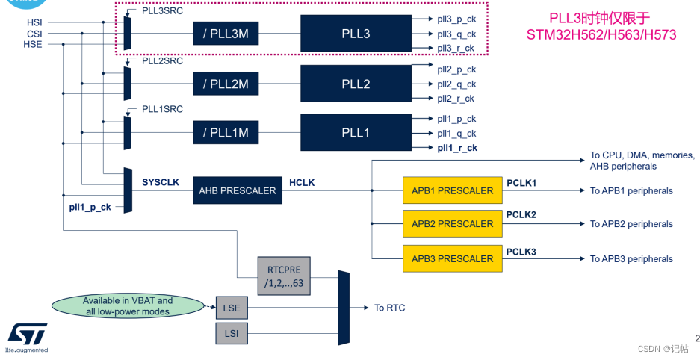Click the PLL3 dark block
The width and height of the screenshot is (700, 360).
(356, 34)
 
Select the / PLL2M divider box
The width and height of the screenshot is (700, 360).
(225, 84)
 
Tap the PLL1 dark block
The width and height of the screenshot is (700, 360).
(356, 132)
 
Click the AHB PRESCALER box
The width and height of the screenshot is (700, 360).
(237, 190)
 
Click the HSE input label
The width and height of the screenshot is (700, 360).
(34, 44)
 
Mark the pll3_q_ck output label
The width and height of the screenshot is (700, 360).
(456, 34)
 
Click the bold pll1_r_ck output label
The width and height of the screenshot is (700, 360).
(457, 148)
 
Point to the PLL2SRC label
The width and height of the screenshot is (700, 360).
(162, 60)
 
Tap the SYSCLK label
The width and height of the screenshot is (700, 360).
(160, 182)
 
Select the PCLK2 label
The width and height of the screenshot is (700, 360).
(521, 215)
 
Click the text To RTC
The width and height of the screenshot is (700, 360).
(390, 308)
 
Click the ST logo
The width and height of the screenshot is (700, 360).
(28, 334)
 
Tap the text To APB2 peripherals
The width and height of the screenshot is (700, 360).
(631, 224)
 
